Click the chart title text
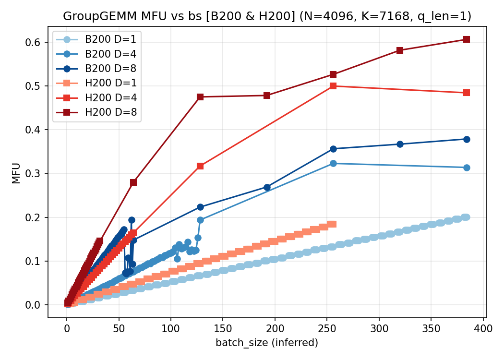(x=267, y=16)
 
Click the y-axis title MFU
(x=16, y=173)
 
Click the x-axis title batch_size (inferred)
(x=267, y=343)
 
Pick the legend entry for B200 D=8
(x=107, y=69)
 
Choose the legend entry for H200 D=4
(x=107, y=98)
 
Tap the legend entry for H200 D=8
(x=107, y=112)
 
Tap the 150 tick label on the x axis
(x=223, y=329)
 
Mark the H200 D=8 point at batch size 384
(x=466, y=39)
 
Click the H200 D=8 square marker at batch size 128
(x=200, y=97)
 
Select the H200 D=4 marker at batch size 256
(x=333, y=86)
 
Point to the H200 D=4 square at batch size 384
(x=466, y=93)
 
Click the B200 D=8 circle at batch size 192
(x=267, y=187)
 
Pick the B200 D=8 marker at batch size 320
(x=400, y=144)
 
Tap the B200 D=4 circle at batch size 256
(x=333, y=164)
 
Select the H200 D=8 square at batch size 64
(x=133, y=182)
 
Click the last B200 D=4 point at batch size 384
(x=466, y=168)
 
